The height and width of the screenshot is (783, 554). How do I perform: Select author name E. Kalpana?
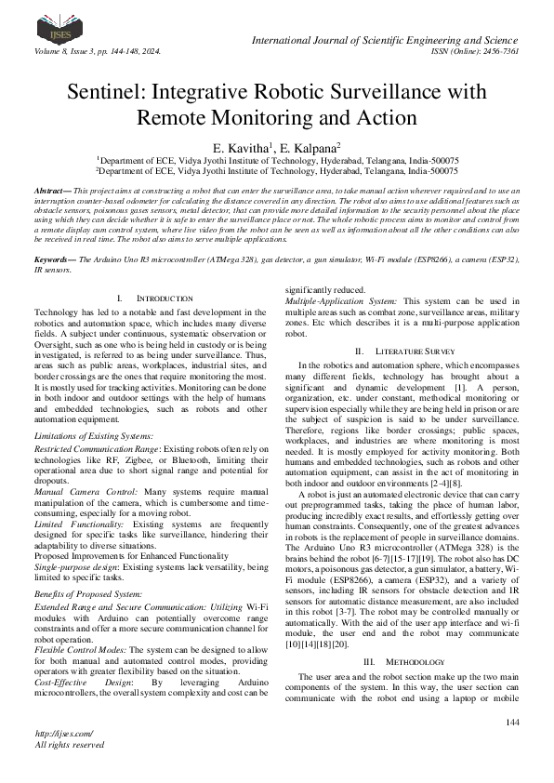point(311,148)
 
